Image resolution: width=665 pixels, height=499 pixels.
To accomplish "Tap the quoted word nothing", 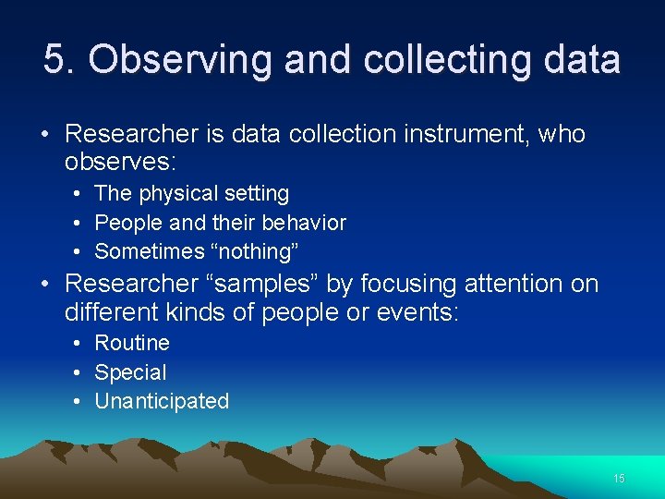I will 261,251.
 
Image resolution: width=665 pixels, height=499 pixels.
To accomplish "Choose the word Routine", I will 132,343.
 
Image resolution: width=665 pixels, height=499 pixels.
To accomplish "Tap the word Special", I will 130,372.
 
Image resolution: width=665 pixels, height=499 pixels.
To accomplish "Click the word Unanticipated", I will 162,401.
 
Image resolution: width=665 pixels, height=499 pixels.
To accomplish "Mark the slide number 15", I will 619,479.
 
